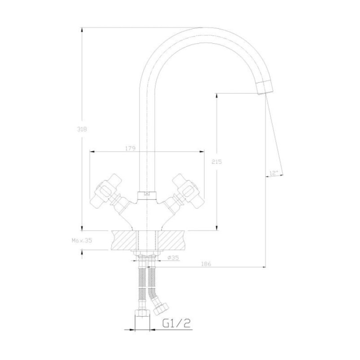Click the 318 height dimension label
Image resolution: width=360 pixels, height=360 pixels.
[82, 129]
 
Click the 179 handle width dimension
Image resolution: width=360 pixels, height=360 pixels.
[130, 148]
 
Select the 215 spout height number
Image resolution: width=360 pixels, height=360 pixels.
[217, 162]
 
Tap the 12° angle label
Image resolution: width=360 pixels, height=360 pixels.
[274, 173]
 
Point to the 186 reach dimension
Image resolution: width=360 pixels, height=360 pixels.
[206, 264]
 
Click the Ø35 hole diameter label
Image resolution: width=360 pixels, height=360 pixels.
[173, 258]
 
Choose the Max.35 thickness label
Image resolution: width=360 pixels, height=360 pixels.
[82, 241]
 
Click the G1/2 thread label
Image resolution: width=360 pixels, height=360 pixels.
[176, 324]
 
